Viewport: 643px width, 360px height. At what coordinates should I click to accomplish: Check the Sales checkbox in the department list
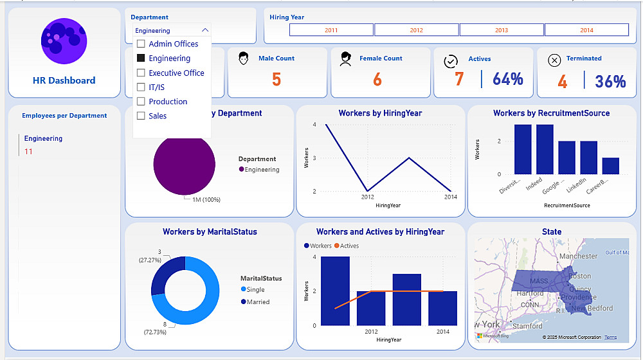141,116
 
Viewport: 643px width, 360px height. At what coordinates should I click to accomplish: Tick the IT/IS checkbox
141,87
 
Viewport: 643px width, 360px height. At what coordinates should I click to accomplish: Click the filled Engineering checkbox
141,59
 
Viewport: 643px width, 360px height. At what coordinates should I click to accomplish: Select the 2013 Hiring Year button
502,30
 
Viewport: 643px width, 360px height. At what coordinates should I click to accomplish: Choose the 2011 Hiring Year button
331,30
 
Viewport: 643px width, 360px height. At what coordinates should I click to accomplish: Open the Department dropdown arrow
205,30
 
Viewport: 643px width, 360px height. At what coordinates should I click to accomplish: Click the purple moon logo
64,41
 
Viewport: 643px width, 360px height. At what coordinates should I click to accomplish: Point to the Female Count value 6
377,80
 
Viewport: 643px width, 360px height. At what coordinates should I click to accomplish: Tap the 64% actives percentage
508,80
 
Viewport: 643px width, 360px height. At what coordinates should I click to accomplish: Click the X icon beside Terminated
554,60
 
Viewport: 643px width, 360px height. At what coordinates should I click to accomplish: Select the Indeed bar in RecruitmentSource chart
545,149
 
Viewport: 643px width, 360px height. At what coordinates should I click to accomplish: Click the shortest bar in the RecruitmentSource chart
611,166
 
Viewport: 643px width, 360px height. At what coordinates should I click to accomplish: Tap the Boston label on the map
580,276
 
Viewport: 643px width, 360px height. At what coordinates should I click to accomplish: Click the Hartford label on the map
530,294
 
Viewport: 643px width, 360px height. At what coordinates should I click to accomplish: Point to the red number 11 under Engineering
28,152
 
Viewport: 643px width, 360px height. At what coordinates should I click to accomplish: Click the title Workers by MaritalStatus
210,232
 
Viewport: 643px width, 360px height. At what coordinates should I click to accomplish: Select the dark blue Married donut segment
165,273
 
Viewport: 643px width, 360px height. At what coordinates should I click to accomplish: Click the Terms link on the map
610,337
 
